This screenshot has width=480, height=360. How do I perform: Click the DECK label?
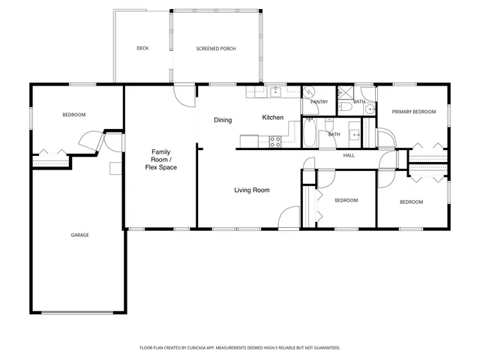point(142,49)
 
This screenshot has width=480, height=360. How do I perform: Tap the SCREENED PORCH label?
point(216,49)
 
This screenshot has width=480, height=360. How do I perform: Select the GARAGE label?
point(80,235)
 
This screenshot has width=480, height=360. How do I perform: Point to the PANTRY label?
point(319,101)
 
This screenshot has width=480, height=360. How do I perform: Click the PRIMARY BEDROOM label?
point(414,112)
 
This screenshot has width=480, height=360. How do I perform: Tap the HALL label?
point(349,156)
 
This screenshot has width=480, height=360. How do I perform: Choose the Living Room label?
point(251,190)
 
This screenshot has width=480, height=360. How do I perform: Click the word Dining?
point(223,120)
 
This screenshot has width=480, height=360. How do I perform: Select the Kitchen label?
point(272,118)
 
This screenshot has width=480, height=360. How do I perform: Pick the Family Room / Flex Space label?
point(161,160)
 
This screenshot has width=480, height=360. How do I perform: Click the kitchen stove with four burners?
point(274,140)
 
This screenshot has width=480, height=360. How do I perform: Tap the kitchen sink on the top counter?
point(275,91)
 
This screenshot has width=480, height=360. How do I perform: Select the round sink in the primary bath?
point(370,109)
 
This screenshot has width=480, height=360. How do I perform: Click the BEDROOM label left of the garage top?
point(73,115)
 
